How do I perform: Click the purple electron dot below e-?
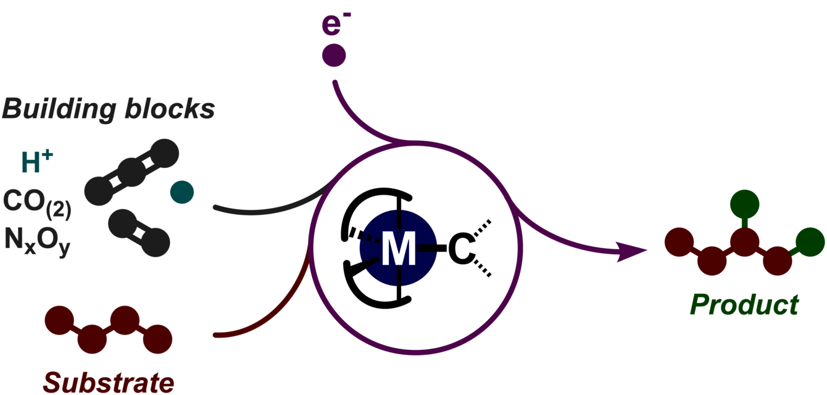(x=334, y=55)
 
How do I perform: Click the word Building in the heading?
(x=59, y=109)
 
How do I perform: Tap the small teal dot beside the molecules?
(x=182, y=193)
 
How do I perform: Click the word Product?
(x=744, y=304)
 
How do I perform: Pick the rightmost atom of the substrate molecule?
(x=157, y=338)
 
